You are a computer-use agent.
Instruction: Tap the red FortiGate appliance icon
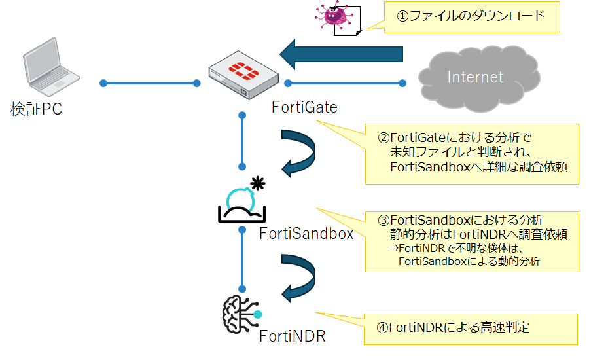click(x=243, y=77)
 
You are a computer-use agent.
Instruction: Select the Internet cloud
click(x=476, y=77)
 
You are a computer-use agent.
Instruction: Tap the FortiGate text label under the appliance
click(x=304, y=107)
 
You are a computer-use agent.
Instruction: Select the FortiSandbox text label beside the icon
click(x=306, y=233)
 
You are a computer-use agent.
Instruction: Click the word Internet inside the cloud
click(x=476, y=77)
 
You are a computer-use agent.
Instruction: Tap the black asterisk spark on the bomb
click(x=259, y=183)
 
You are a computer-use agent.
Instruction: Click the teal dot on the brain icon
click(x=258, y=314)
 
